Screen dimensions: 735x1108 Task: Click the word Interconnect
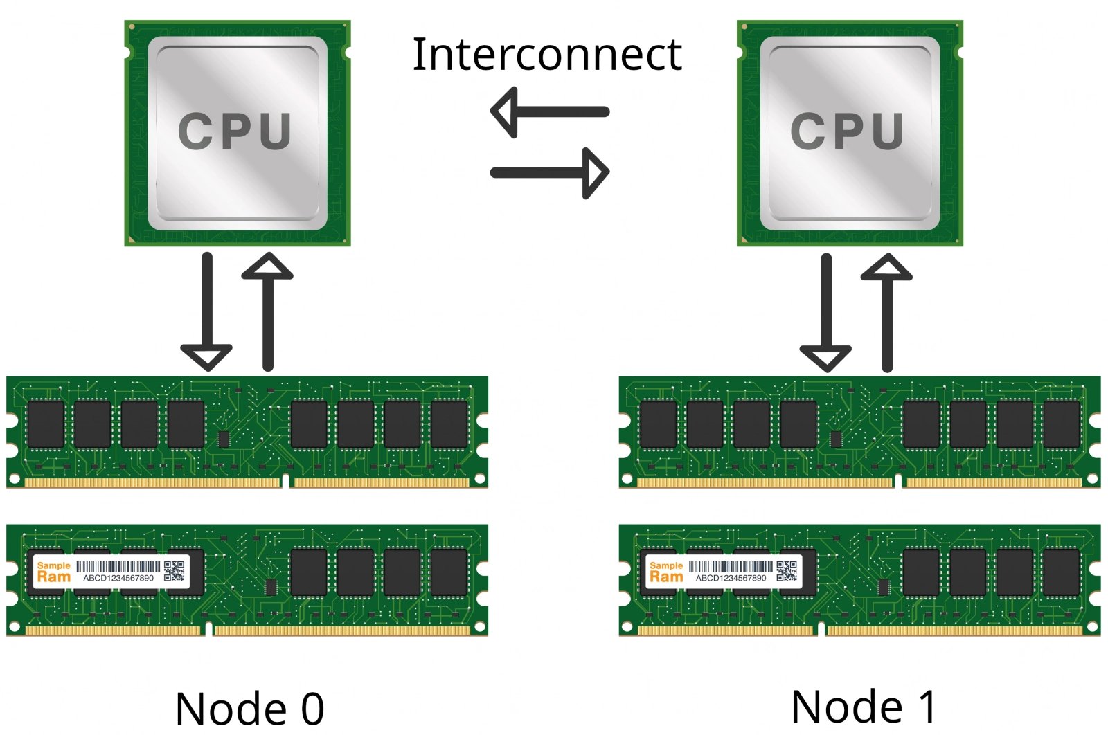click(x=547, y=55)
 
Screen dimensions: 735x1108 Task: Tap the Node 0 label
click(x=249, y=708)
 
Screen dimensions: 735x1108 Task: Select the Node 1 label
click(x=864, y=707)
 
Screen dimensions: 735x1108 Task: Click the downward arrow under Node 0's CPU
click(x=206, y=311)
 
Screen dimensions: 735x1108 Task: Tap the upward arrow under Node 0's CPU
click(x=267, y=311)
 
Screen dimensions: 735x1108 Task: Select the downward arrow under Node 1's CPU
click(x=825, y=311)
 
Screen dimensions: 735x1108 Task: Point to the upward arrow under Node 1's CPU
click(x=886, y=311)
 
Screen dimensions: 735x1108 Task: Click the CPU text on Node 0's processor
click(x=235, y=131)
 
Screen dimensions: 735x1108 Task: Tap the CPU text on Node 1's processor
click(x=848, y=131)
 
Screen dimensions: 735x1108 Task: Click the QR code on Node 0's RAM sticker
click(x=175, y=571)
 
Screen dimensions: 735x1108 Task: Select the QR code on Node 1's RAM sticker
click(x=787, y=571)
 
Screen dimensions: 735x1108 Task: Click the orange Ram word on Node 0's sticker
click(x=54, y=577)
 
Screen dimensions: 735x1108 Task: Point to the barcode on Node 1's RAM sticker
click(x=730, y=566)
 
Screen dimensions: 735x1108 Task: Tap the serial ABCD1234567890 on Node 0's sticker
click(x=118, y=579)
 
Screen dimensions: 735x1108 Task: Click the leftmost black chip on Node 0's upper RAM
click(x=46, y=424)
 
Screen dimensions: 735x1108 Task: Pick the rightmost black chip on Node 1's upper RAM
click(x=1062, y=424)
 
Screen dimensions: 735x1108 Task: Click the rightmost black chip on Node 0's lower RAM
click(x=449, y=572)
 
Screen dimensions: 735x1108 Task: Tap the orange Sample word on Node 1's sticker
click(x=666, y=565)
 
